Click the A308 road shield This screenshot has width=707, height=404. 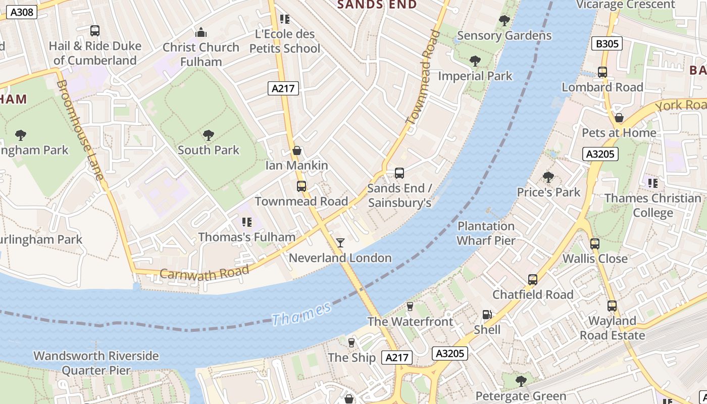(22, 12)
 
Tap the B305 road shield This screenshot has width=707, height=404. (607, 44)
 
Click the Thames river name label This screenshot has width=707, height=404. (301, 314)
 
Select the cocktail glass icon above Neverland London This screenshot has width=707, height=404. (340, 243)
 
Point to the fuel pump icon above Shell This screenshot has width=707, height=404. (487, 315)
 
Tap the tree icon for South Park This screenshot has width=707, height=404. (208, 135)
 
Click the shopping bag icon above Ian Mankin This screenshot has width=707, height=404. (297, 150)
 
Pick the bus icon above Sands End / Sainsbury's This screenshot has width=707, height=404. (399, 173)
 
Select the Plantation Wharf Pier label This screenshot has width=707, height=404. (486, 233)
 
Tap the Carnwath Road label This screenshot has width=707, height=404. (205, 272)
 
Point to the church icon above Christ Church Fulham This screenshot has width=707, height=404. (201, 33)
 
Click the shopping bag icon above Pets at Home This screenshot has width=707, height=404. (619, 118)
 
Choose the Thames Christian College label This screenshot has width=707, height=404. (652, 205)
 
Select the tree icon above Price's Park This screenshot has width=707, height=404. (548, 177)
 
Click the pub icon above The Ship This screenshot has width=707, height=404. (351, 343)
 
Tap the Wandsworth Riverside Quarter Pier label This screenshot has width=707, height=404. (96, 363)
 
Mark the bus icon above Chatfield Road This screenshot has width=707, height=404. (532, 280)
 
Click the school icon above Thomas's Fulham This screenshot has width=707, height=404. (246, 222)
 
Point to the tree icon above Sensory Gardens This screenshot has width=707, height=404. (504, 21)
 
